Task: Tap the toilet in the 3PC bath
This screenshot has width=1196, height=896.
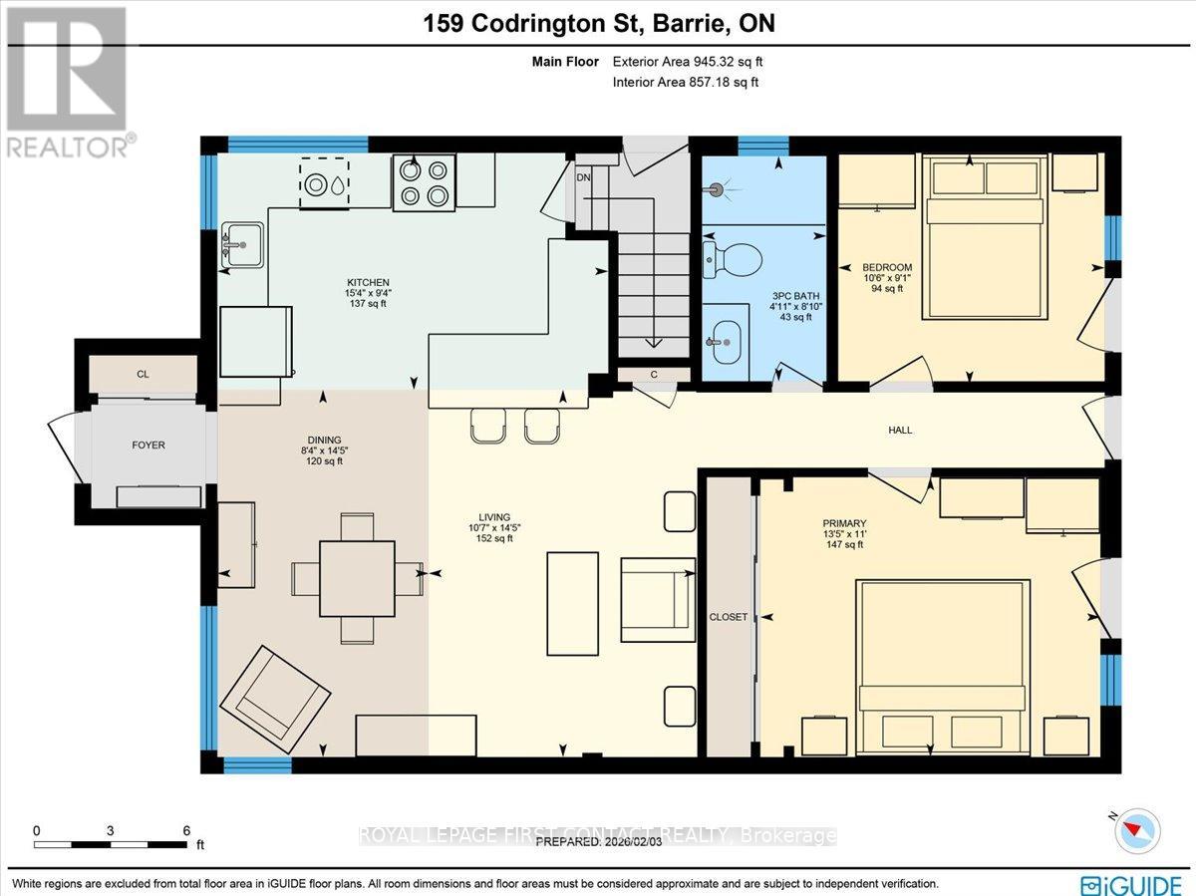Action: [x=733, y=259]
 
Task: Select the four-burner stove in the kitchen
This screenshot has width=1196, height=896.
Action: [x=424, y=182]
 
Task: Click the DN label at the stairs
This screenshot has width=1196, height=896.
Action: [x=584, y=177]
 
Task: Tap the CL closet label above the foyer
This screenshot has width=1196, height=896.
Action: [x=143, y=375]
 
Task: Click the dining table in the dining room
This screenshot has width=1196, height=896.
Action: [x=357, y=578]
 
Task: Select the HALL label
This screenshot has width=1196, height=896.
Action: [x=900, y=431]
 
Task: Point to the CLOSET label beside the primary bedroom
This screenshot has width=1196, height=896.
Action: [x=728, y=617]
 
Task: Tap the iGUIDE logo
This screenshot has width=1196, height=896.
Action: [x=1131, y=884]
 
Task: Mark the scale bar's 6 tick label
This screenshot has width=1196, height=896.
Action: [x=186, y=829]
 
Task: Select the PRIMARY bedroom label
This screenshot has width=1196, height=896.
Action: [x=844, y=523]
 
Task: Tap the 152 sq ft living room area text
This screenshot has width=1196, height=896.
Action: [x=494, y=539]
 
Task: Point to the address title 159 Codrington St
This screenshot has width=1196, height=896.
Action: [x=597, y=24]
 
